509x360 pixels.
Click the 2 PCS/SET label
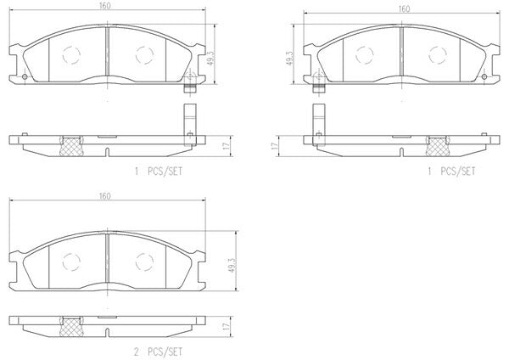point(158,352)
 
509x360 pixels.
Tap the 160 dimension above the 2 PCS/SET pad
point(105,196)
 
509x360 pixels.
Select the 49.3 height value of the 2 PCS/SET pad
point(232,262)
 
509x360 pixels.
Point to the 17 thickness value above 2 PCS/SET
point(227,325)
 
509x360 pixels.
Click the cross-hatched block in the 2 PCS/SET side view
point(71,327)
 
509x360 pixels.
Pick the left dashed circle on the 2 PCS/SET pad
point(71,262)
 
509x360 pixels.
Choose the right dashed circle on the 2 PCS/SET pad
point(144,262)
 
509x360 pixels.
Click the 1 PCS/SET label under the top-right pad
point(451,172)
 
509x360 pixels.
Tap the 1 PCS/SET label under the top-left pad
point(159,172)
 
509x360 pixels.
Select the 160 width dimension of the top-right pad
point(404,9)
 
